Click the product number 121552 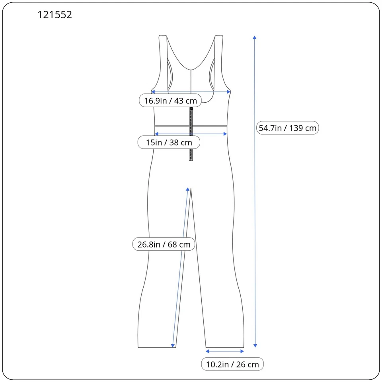(55, 15)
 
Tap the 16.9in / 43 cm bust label (170, 101)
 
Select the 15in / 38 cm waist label (169, 142)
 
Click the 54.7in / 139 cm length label (287, 128)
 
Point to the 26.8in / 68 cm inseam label (164, 244)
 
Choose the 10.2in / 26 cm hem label (232, 364)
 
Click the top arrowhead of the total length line (255, 37)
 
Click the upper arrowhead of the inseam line (187, 189)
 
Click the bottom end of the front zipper (191, 160)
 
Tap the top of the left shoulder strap (162, 36)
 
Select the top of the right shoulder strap (218, 36)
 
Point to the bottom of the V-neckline (191, 70)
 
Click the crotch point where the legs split (191, 188)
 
